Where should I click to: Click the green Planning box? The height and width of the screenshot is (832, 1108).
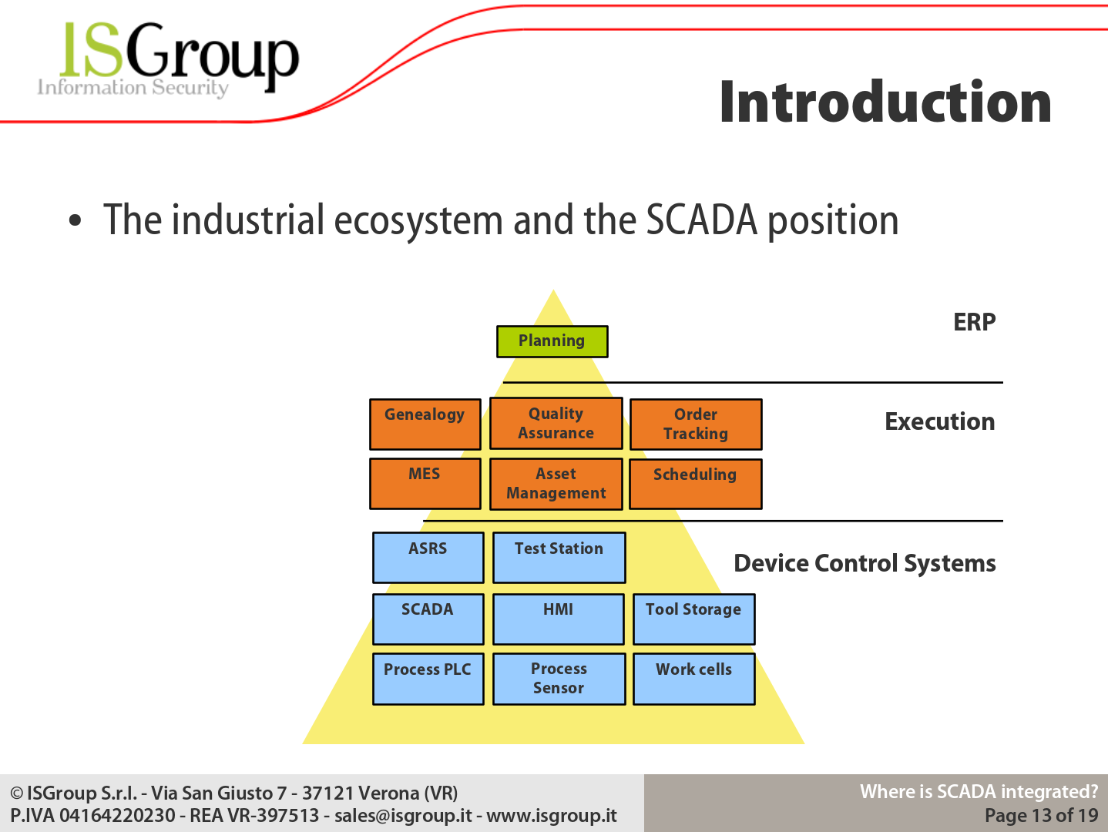(552, 341)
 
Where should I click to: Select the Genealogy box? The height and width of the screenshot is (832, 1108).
(425, 424)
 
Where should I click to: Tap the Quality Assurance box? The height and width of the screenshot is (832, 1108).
(556, 423)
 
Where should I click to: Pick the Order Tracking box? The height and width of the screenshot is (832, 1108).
(696, 424)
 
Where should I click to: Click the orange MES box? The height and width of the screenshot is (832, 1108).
(425, 484)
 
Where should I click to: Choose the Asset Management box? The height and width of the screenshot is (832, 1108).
(556, 485)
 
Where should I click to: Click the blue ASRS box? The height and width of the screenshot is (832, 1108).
(428, 558)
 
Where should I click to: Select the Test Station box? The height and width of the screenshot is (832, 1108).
(559, 558)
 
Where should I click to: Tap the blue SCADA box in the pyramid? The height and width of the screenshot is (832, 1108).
(428, 619)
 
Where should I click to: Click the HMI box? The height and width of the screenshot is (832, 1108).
(559, 619)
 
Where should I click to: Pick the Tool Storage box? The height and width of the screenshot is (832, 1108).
(694, 619)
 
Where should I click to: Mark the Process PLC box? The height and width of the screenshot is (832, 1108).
(428, 679)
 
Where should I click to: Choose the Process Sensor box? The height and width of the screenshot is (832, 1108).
(559, 679)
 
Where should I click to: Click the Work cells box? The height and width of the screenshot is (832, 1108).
(694, 679)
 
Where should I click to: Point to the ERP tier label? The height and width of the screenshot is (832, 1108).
(974, 322)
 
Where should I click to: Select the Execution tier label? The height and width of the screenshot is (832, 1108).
(939, 421)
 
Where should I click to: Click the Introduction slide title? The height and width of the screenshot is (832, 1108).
(885, 102)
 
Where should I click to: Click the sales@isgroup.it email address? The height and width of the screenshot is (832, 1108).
(403, 816)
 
